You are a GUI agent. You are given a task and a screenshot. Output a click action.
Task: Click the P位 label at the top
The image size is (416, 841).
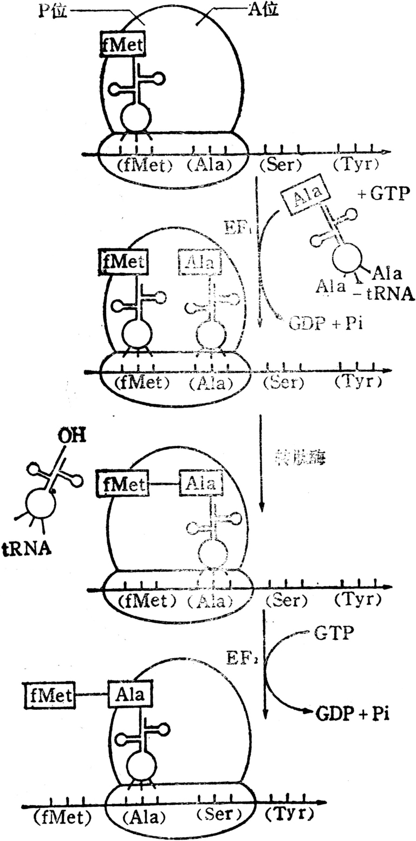(53, 11)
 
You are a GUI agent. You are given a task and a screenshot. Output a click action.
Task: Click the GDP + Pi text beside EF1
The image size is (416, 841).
(323, 324)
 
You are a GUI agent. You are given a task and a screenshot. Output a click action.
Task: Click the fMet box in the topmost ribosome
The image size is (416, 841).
(123, 44)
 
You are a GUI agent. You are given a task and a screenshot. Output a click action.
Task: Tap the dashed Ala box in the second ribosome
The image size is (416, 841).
(200, 264)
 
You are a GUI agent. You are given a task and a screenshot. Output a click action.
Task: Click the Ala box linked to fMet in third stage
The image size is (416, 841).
(201, 482)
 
